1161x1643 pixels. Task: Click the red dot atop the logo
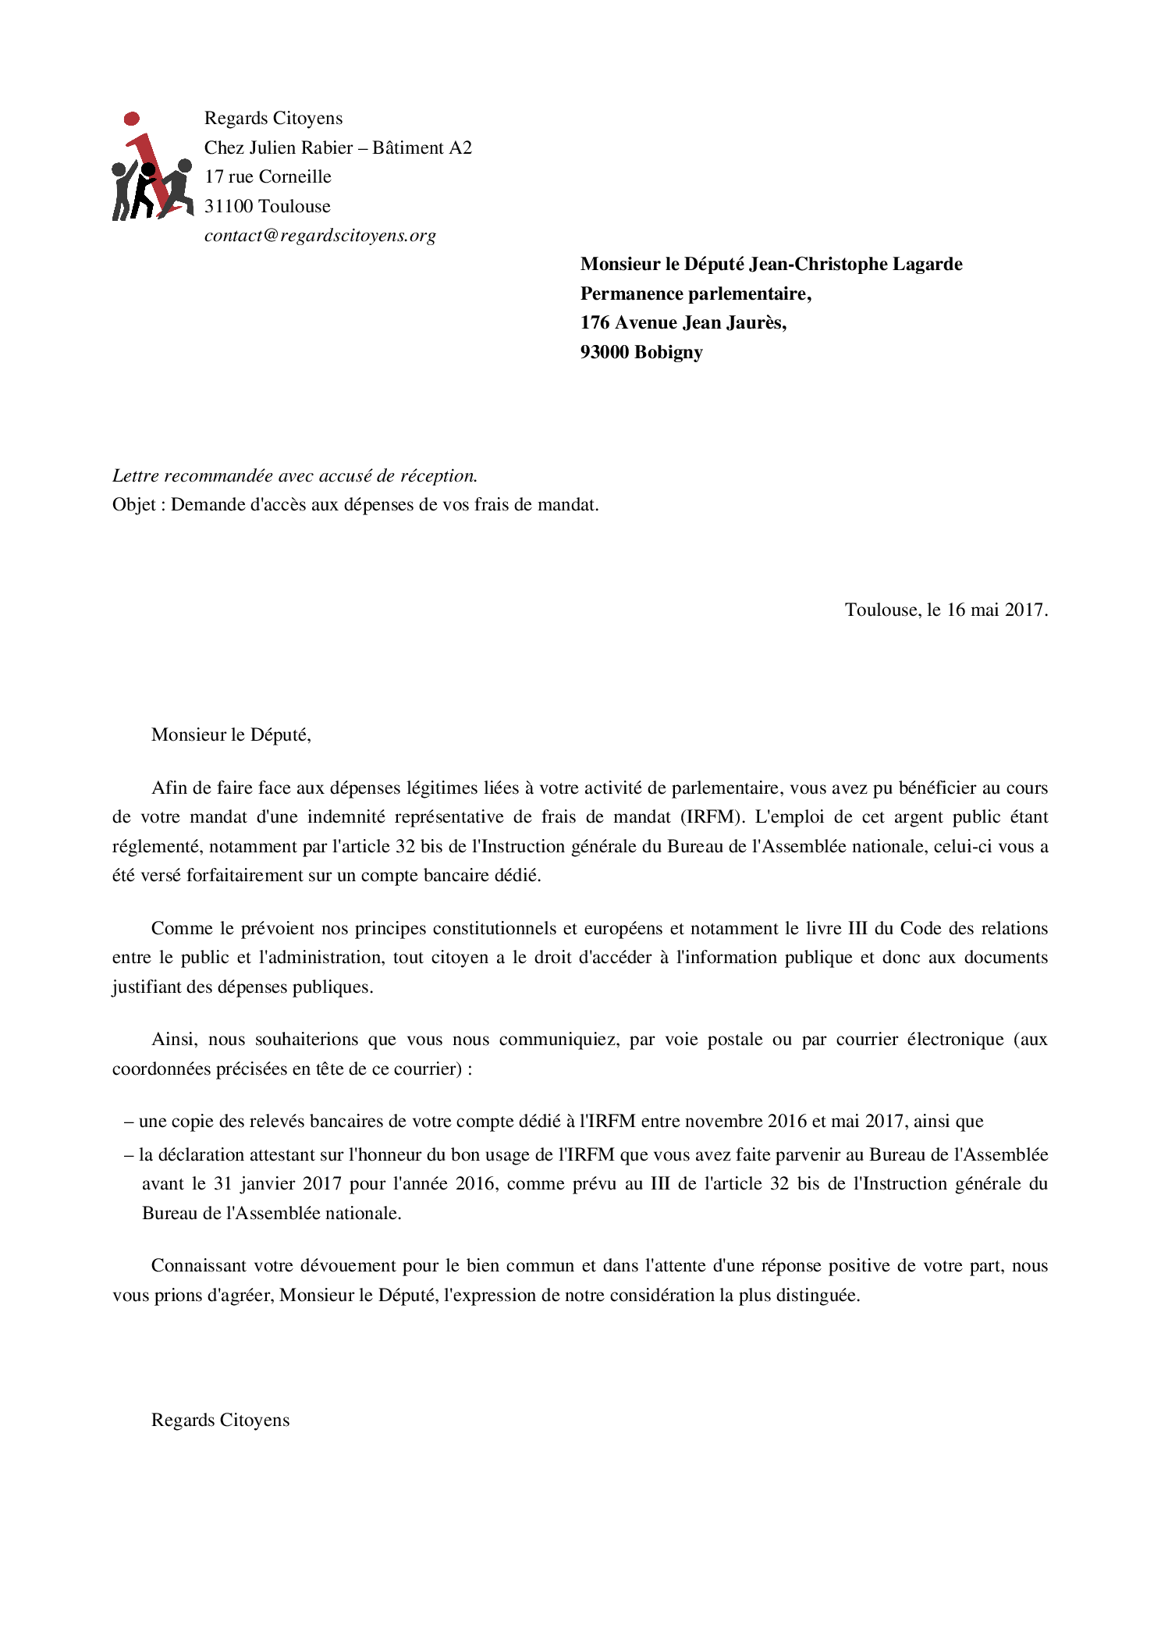(132, 119)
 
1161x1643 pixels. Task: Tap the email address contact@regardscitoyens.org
(320, 236)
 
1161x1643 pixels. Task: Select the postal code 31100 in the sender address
(229, 207)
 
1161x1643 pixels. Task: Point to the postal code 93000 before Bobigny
(605, 353)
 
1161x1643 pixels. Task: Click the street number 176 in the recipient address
(595, 323)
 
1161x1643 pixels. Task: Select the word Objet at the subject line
(133, 505)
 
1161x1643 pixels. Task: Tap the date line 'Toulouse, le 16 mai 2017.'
(946, 610)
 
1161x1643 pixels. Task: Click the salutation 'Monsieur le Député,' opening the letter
(231, 735)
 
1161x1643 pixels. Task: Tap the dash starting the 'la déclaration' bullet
(129, 1155)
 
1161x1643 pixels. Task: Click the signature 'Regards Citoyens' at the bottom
(220, 1421)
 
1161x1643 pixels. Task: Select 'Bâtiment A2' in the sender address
(421, 148)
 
